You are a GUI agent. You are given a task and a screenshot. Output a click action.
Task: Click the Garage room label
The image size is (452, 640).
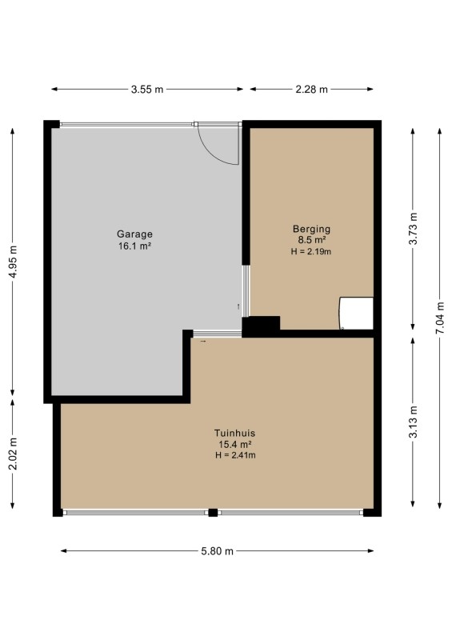pos(134,234)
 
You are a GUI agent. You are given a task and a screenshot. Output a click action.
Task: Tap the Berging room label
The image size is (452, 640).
pos(311,229)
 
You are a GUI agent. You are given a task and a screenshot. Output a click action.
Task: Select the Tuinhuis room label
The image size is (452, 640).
pos(234,433)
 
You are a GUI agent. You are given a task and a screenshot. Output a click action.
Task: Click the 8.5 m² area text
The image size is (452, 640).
pos(311,240)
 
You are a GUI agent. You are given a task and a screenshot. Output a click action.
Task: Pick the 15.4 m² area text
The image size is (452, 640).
pos(234,445)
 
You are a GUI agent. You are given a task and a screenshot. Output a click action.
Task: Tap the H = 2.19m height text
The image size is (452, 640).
pos(311,251)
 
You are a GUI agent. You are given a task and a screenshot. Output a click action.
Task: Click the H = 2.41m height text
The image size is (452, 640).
pos(235,455)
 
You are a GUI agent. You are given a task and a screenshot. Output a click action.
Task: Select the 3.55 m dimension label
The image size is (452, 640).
pos(147,90)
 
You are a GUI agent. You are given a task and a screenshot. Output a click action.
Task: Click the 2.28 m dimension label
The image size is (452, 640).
pos(311,90)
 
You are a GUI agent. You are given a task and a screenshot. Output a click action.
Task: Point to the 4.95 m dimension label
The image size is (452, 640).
pos(13,262)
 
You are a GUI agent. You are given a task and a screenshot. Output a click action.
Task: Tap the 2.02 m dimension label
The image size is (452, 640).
pos(13,454)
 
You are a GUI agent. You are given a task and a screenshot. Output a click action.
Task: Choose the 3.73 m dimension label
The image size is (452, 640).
pos(414,229)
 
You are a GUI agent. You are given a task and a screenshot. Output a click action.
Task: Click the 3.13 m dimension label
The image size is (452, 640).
pos(414,422)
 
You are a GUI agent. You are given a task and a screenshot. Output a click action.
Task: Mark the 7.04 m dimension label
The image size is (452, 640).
pos(440,318)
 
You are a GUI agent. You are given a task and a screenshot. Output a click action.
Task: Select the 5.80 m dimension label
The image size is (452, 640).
pos(218,551)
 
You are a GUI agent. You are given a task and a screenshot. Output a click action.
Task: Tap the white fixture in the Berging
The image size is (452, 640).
pos(356,313)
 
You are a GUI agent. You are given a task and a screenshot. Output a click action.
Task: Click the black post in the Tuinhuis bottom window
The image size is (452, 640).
pos(213,513)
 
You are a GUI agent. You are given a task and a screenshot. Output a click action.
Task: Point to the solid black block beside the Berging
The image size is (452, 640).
pos(261,326)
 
